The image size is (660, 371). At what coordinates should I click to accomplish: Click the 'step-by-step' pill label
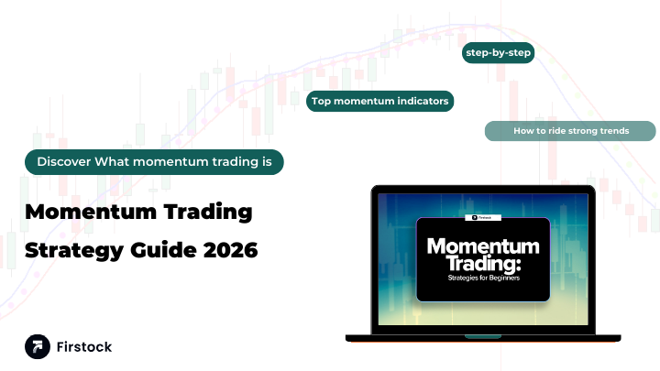499,53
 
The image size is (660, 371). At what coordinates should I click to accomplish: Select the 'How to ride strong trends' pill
570,131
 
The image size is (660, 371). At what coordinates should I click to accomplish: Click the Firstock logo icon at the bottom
38,347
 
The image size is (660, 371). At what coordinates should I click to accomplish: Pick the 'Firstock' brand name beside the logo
83,348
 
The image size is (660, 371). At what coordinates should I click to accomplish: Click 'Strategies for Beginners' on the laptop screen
482,278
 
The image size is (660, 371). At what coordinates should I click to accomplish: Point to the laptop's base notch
483,336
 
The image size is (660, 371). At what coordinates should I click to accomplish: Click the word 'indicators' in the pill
421,101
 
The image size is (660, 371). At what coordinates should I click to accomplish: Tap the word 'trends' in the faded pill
614,131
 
